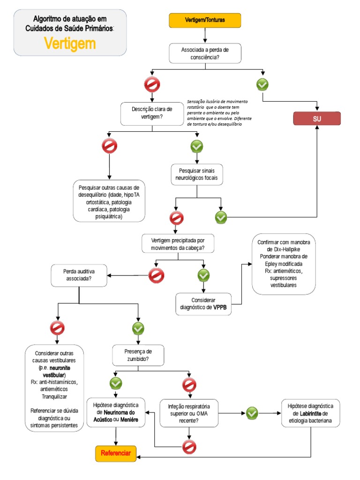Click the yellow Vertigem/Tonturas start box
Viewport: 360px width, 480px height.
tap(205, 20)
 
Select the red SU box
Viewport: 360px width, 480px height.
tap(317, 119)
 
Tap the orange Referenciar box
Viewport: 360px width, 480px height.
tap(116, 453)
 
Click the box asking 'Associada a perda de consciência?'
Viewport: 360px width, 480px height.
tap(205, 53)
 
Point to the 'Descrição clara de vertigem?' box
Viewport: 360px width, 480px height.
tap(152, 113)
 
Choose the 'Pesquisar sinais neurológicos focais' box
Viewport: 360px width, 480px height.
tap(196, 174)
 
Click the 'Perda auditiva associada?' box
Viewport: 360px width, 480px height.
tap(79, 275)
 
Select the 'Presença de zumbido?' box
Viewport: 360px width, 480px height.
tap(138, 355)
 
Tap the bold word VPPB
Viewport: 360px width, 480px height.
tap(220, 307)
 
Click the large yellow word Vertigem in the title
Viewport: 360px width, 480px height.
tap(70, 44)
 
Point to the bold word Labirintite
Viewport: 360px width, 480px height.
tap(310, 413)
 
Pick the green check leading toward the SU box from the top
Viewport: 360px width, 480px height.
tap(262, 84)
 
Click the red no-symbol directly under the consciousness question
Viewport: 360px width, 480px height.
tap(152, 84)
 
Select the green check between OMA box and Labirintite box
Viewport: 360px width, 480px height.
tap(252, 413)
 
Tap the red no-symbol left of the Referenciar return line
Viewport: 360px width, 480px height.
tap(189, 447)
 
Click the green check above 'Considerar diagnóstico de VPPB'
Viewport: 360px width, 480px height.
tap(203, 276)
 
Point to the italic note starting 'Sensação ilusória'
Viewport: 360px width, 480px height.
tap(219, 112)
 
